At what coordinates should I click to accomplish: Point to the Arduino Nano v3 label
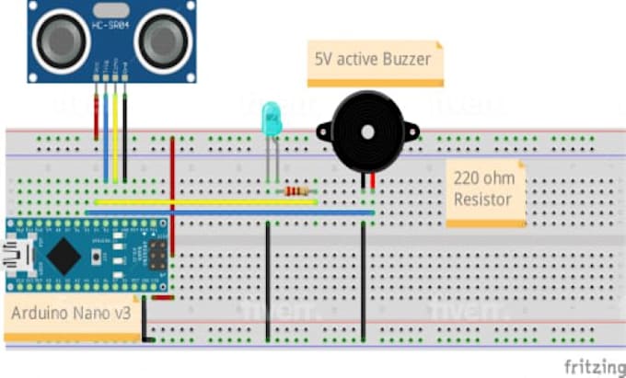coord(71,313)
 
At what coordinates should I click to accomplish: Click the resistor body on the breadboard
coord(296,191)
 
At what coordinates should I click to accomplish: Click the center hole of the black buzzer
coord(367,132)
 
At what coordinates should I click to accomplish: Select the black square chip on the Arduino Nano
coord(61,254)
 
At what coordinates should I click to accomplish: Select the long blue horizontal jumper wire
coord(230,212)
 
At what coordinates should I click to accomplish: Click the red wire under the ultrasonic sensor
coord(96,115)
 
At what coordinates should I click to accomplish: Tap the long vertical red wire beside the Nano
coord(172,193)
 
